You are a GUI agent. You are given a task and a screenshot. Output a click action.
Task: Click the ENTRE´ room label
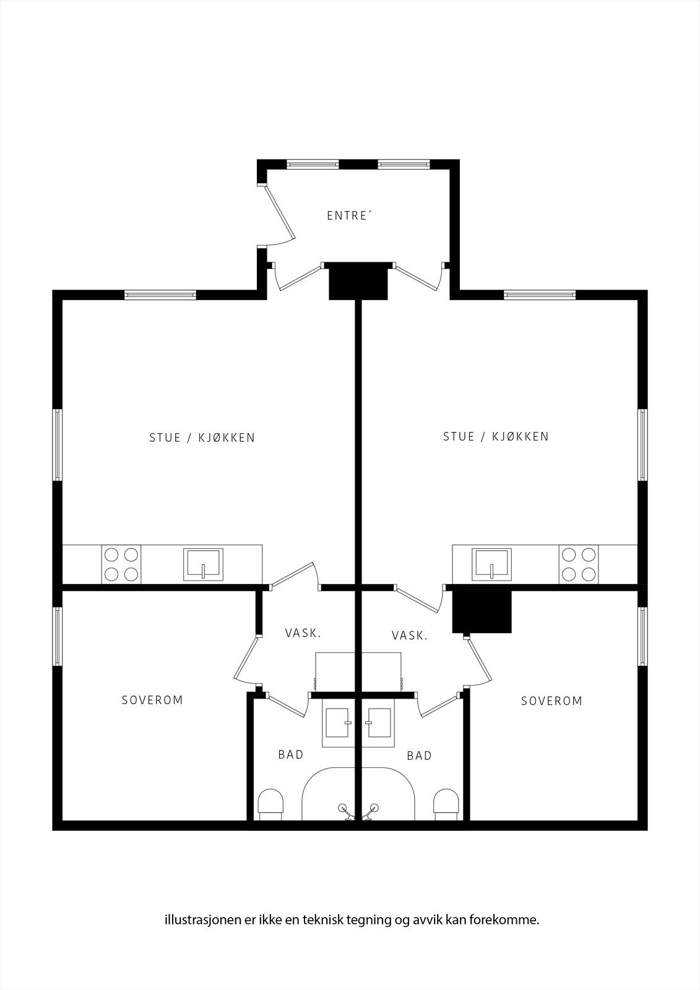click(347, 216)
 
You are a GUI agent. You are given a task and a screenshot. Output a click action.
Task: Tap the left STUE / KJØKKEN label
click(202, 437)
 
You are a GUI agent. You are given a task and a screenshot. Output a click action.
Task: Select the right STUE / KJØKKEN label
click(496, 437)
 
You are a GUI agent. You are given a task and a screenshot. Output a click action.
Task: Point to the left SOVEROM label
click(152, 700)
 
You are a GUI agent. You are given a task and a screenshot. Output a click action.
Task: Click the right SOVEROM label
click(551, 700)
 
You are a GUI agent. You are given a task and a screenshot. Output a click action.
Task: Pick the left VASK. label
click(303, 634)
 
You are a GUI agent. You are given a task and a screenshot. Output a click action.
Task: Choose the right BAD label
click(419, 755)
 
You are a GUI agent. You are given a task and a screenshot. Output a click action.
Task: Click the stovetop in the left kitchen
click(121, 564)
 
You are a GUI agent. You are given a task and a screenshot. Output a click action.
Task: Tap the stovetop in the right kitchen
click(579, 564)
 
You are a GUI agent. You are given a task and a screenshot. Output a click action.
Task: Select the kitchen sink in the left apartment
click(204, 564)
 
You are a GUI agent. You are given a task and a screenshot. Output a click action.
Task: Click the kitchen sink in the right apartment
click(491, 564)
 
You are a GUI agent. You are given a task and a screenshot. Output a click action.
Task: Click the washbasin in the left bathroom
click(339, 723)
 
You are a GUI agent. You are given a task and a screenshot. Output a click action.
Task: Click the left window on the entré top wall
click(313, 164)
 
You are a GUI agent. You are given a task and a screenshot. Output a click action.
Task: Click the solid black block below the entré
click(358, 281)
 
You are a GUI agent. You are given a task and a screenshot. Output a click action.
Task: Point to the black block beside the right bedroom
click(482, 610)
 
